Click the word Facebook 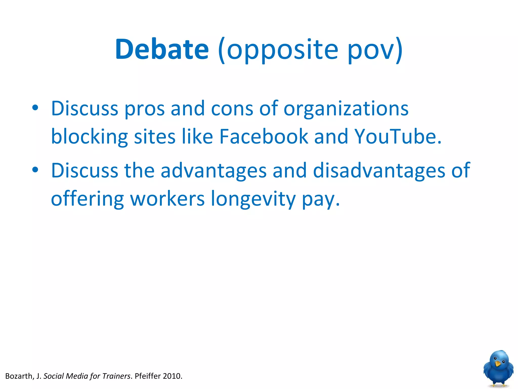click(x=264, y=137)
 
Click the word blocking click(x=89, y=137)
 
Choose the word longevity click(x=253, y=199)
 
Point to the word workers click(x=167, y=199)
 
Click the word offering click(x=87, y=199)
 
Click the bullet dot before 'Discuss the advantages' click(x=35, y=170)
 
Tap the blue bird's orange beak click(x=498, y=364)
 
